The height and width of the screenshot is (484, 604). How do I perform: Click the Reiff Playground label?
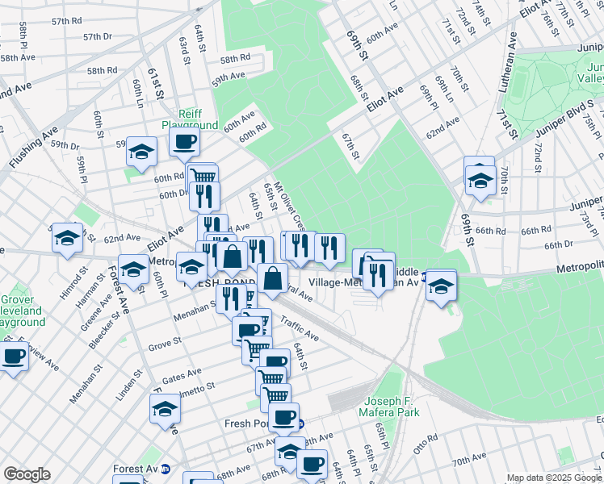coord(191,119)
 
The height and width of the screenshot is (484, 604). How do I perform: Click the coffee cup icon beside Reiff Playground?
coord(184,143)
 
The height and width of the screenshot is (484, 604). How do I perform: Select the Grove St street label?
coord(164,348)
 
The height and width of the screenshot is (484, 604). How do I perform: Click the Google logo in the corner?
coord(27,474)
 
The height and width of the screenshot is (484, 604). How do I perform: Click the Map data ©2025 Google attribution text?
coord(554,478)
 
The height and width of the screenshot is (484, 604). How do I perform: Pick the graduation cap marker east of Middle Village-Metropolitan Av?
coord(441,286)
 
